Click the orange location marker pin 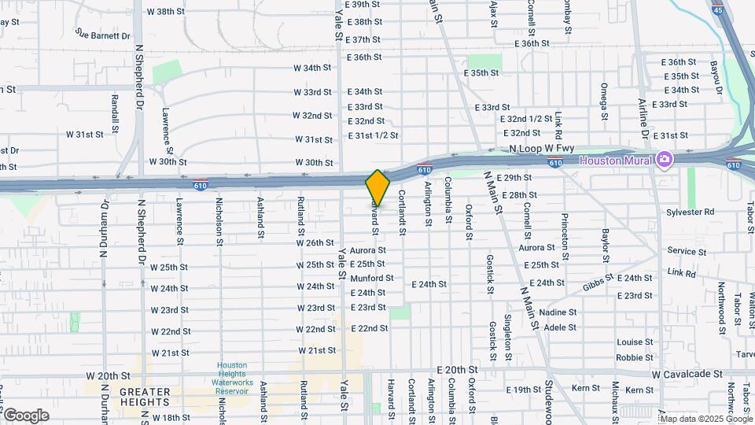[377, 187]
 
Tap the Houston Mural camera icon [665, 161]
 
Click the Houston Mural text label [617, 161]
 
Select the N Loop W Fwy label [543, 149]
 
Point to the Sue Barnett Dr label [103, 35]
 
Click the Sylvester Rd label [690, 212]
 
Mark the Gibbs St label [598, 285]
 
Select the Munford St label [372, 278]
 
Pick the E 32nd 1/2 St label [526, 119]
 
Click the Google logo [25, 415]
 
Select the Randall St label [115, 113]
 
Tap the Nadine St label [558, 312]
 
